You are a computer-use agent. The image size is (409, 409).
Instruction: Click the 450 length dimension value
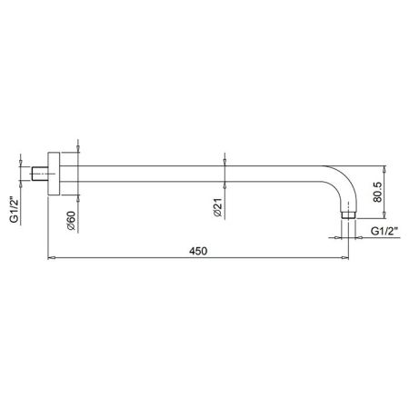199,251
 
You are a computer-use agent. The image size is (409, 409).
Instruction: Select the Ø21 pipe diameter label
218,208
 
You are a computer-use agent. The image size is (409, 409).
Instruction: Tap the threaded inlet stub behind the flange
41,171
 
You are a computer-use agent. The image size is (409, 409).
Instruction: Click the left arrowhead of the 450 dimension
50,259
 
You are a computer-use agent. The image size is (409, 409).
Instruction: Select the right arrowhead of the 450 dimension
348,259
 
